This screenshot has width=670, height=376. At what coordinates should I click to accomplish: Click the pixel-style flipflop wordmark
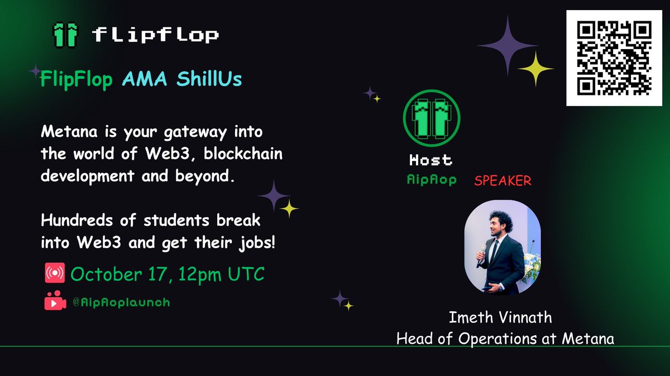155,35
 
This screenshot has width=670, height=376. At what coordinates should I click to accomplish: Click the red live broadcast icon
55,274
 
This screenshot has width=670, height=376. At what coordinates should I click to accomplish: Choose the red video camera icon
55,302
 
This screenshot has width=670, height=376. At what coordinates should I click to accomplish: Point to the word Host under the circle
430,160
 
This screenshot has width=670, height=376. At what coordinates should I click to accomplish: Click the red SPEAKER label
502,181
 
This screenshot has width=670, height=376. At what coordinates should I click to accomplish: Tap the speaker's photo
502,248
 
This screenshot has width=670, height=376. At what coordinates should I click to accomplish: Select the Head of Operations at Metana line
505,339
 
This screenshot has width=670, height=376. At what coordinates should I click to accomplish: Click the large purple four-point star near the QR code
507,45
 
